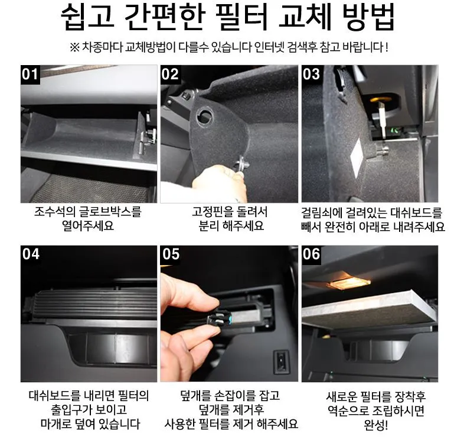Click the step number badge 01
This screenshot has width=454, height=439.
pyautogui.click(x=30, y=75)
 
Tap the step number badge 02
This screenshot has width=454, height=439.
pyautogui.click(x=170, y=75)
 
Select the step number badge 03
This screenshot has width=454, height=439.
pyautogui.click(x=311, y=75)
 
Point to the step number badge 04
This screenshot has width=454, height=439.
pyautogui.click(x=30, y=255)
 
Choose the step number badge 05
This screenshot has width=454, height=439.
pyautogui.click(x=171, y=255)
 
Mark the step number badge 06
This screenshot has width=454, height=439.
pyautogui.click(x=311, y=255)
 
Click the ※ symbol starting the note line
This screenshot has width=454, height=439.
pyautogui.click(x=74, y=47)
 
